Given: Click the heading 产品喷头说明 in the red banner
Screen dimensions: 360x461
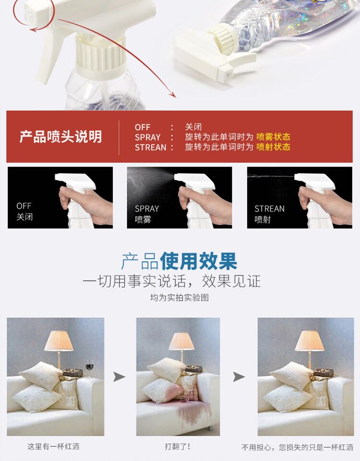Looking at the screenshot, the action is pos(60,137).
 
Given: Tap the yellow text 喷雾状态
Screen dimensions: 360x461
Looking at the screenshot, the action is pos(273,137).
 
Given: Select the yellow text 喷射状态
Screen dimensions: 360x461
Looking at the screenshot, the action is pos(273,147).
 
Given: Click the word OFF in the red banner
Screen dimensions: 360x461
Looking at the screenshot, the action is pos(143,127).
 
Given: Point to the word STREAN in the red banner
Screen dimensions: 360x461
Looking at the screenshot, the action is pos(150,147).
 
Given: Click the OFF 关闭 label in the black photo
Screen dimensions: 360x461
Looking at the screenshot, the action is pos(24,211).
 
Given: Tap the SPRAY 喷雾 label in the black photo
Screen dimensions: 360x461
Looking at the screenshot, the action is pos(147,214).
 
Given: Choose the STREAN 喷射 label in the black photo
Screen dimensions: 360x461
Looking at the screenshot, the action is pos(269,214).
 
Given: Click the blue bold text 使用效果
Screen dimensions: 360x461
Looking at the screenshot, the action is pos(198,261).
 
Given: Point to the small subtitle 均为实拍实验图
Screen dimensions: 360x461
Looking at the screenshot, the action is pos(179,298).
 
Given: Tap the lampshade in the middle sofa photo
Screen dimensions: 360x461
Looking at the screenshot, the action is pos(181,341).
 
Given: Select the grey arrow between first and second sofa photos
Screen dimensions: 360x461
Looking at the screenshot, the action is pos(119,376).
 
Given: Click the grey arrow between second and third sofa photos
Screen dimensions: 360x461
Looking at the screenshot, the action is pos(239,376).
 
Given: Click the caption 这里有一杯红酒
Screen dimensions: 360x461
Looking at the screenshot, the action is pos(53,447).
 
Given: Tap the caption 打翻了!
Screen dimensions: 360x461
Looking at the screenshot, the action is pos(178,447).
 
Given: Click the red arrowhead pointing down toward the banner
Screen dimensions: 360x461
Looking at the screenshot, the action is pos(172,94).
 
